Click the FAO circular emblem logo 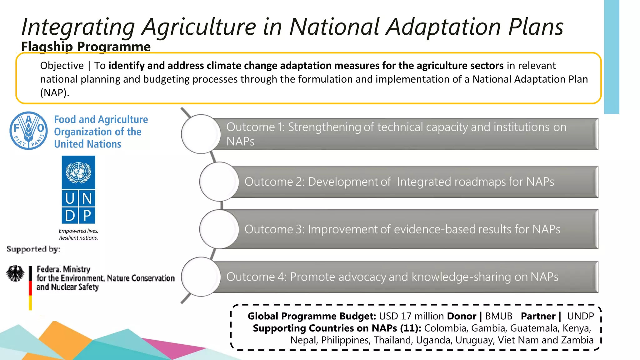pyautogui.click(x=28, y=131)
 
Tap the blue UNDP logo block pyautogui.click(x=78, y=189)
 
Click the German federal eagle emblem pyautogui.click(x=15, y=273)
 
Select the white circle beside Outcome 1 pyautogui.click(x=201, y=134)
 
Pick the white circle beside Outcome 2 pyautogui.click(x=219, y=182)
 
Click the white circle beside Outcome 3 pyautogui.click(x=219, y=229)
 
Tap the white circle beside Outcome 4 pyautogui.click(x=201, y=277)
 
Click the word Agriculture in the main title pyautogui.click(x=199, y=27)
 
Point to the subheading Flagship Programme pyautogui.click(x=86, y=47)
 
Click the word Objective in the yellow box pyautogui.click(x=62, y=66)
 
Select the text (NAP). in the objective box pyautogui.click(x=54, y=93)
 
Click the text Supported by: pyautogui.click(x=33, y=249)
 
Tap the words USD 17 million pyautogui.click(x=411, y=316)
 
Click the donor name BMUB pyautogui.click(x=498, y=316)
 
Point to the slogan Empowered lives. pyautogui.click(x=78, y=231)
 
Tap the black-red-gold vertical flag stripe pyautogui.click(x=30, y=288)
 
